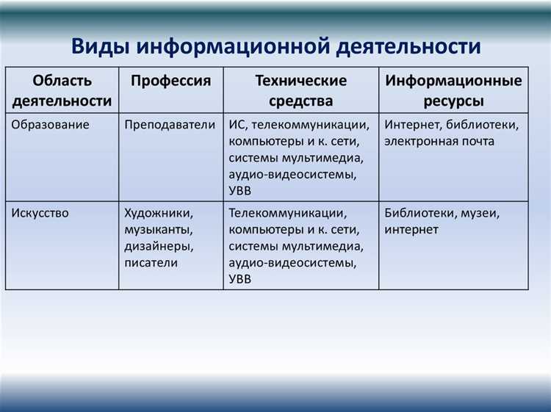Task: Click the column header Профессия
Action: pos(170,81)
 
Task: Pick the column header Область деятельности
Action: pos(62,90)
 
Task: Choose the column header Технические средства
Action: pos(300,90)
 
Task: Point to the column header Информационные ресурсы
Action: pos(453,90)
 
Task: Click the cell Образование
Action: pos(51,124)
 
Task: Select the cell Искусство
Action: pos(40,213)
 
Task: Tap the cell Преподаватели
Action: pos(170,124)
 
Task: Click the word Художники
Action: pos(159,213)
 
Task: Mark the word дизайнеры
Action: pos(159,246)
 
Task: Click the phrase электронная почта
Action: pos(439,141)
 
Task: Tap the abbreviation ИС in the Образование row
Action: pos(236,124)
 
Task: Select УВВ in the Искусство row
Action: pos(240,279)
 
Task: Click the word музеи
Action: pos(480,213)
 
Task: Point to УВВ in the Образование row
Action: pos(240,191)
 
